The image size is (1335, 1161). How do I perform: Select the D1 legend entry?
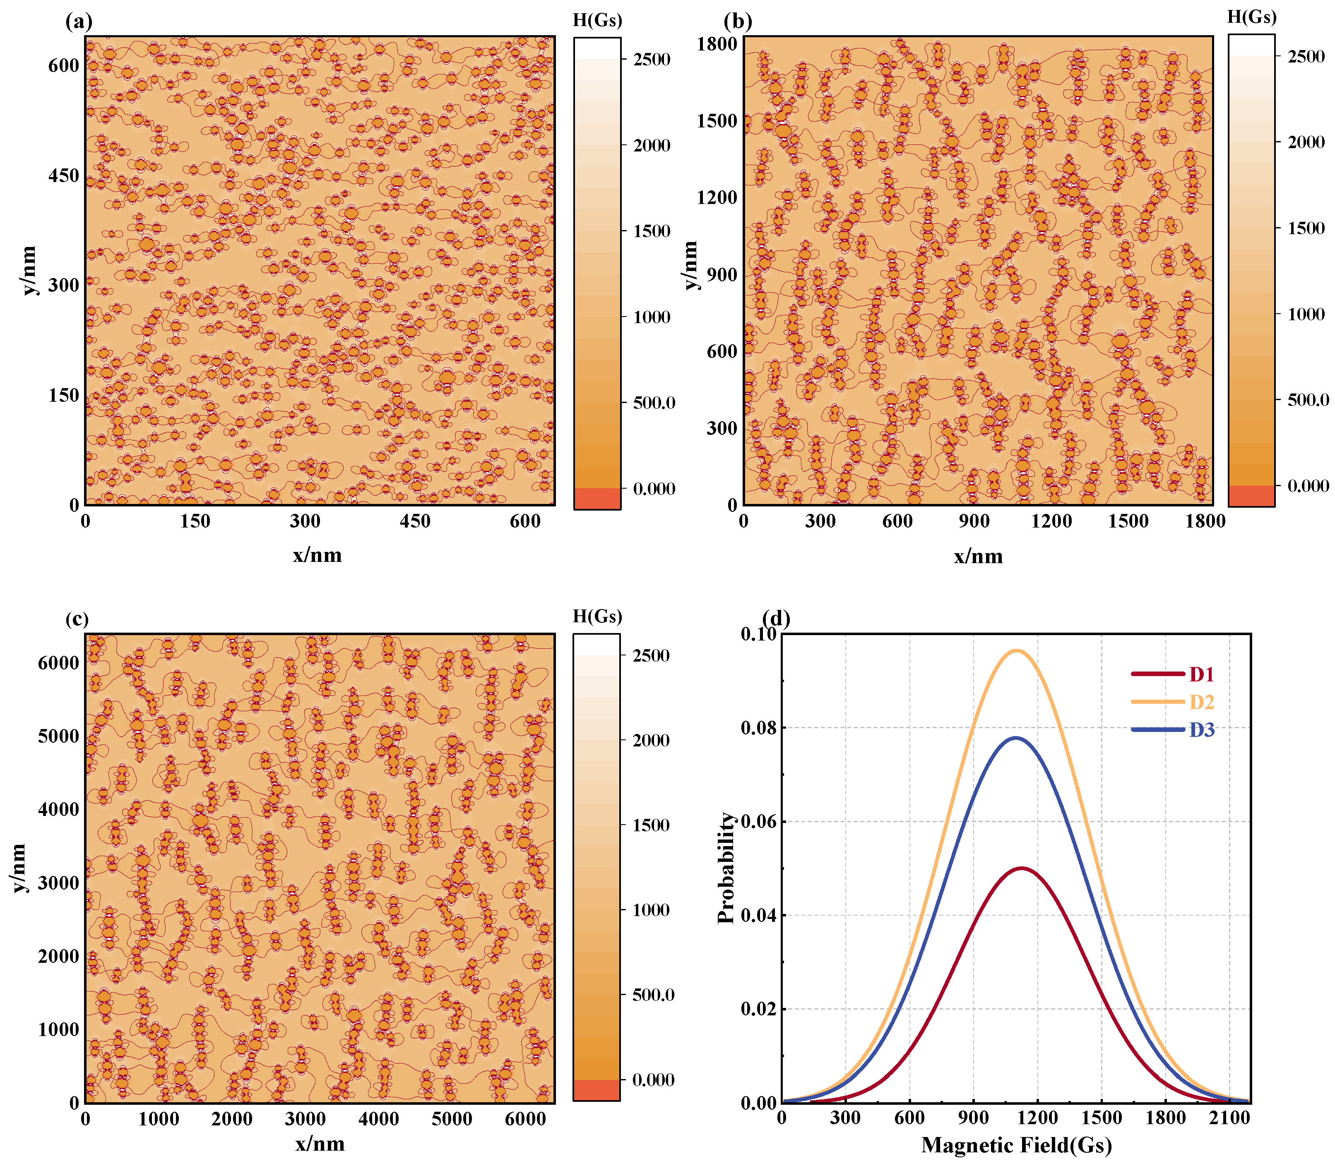point(1201,674)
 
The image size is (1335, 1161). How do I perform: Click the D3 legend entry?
point(1201,730)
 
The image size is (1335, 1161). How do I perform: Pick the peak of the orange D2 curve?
point(1015,650)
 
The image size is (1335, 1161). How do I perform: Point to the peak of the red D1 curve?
point(1022,868)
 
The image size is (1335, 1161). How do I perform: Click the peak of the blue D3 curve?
point(1015,738)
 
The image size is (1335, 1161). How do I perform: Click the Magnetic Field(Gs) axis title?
point(1016,1145)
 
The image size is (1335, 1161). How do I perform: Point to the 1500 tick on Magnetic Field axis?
point(1102,1117)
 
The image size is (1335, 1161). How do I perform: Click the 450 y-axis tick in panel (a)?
point(63,175)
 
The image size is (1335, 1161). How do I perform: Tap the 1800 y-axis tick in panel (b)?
point(717,44)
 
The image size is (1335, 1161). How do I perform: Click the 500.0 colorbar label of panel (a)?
point(654,403)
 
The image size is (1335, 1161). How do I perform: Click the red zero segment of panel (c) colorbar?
point(596,1090)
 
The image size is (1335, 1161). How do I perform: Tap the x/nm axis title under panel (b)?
point(978,557)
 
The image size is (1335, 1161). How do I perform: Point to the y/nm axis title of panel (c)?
point(19,868)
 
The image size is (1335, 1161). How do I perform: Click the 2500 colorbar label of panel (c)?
point(652,656)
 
